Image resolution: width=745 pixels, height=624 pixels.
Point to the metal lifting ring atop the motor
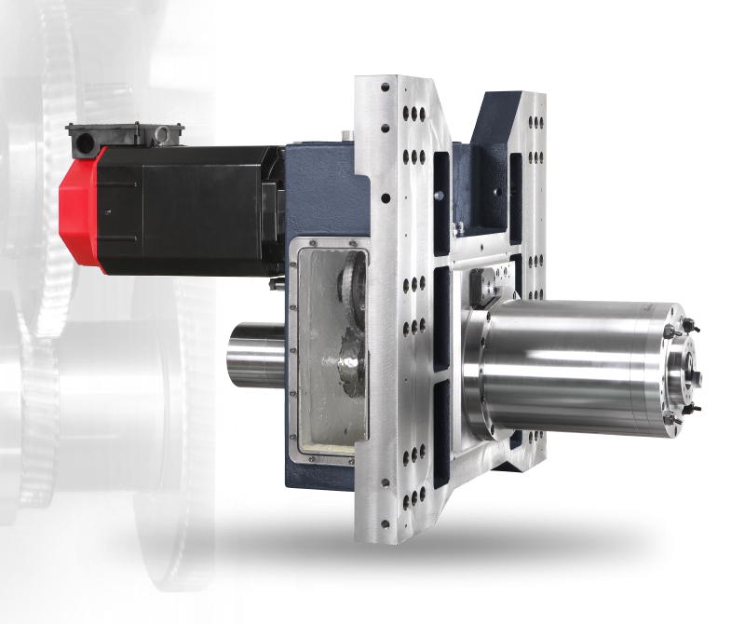click(161, 136)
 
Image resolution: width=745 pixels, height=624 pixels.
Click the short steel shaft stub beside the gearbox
click(257, 353)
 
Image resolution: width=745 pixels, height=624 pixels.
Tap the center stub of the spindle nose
click(695, 377)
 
